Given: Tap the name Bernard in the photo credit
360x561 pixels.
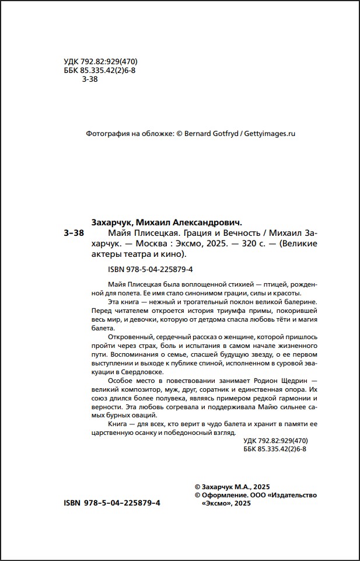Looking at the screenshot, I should (x=201, y=134).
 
